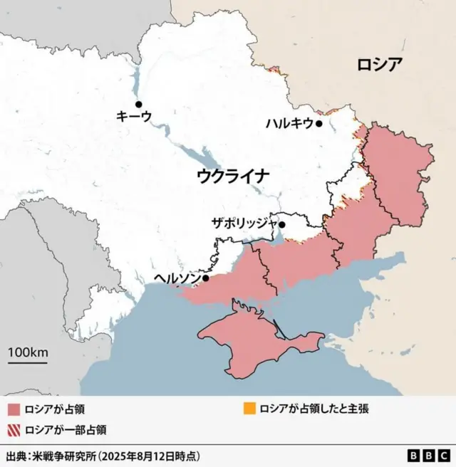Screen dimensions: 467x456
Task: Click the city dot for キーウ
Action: pos(139,104)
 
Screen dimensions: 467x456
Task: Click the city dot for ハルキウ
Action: pos(319,123)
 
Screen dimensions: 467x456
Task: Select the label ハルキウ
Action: pos(289,123)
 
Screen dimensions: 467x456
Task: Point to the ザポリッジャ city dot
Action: pos(282,225)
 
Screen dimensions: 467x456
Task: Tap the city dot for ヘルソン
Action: pos(205,278)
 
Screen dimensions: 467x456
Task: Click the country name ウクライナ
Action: pos(233,175)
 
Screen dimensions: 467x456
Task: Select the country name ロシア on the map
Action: pos(380,65)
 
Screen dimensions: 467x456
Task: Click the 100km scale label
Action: pos(28,352)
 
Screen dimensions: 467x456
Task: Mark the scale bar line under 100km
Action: pos(28,363)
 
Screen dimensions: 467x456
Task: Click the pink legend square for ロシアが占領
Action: pos(13,409)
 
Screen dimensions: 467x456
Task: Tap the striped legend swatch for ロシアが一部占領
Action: pos(13,429)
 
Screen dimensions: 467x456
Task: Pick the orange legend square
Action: pos(249,409)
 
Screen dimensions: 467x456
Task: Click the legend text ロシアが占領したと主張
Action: pos(314,409)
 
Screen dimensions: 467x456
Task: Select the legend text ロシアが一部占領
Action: pos(66,429)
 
